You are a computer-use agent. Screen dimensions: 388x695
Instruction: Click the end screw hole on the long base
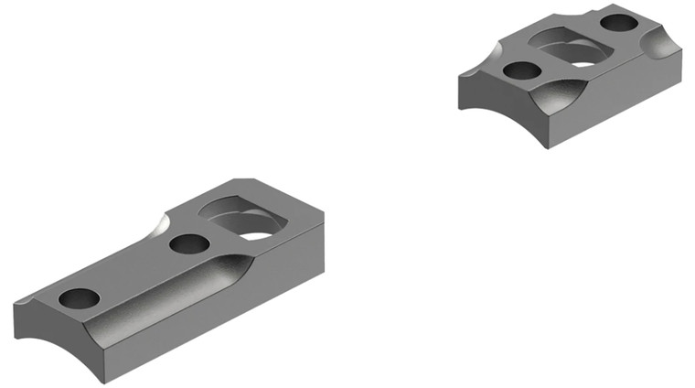[x=78, y=298]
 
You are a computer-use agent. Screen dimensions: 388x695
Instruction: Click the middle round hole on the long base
[x=189, y=244]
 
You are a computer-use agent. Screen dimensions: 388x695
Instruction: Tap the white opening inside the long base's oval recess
[x=258, y=235]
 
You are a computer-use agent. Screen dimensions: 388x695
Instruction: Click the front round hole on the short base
[x=521, y=70]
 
